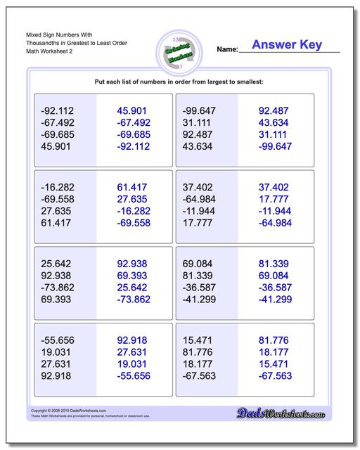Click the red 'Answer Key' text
pos(287,45)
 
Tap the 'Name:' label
pos(227,50)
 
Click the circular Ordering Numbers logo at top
pos(175,51)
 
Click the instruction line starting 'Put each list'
pos(179,82)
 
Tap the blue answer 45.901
pos(132,111)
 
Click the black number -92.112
pos(58,111)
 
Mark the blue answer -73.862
pos(132,299)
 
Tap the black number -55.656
pos(58,340)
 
